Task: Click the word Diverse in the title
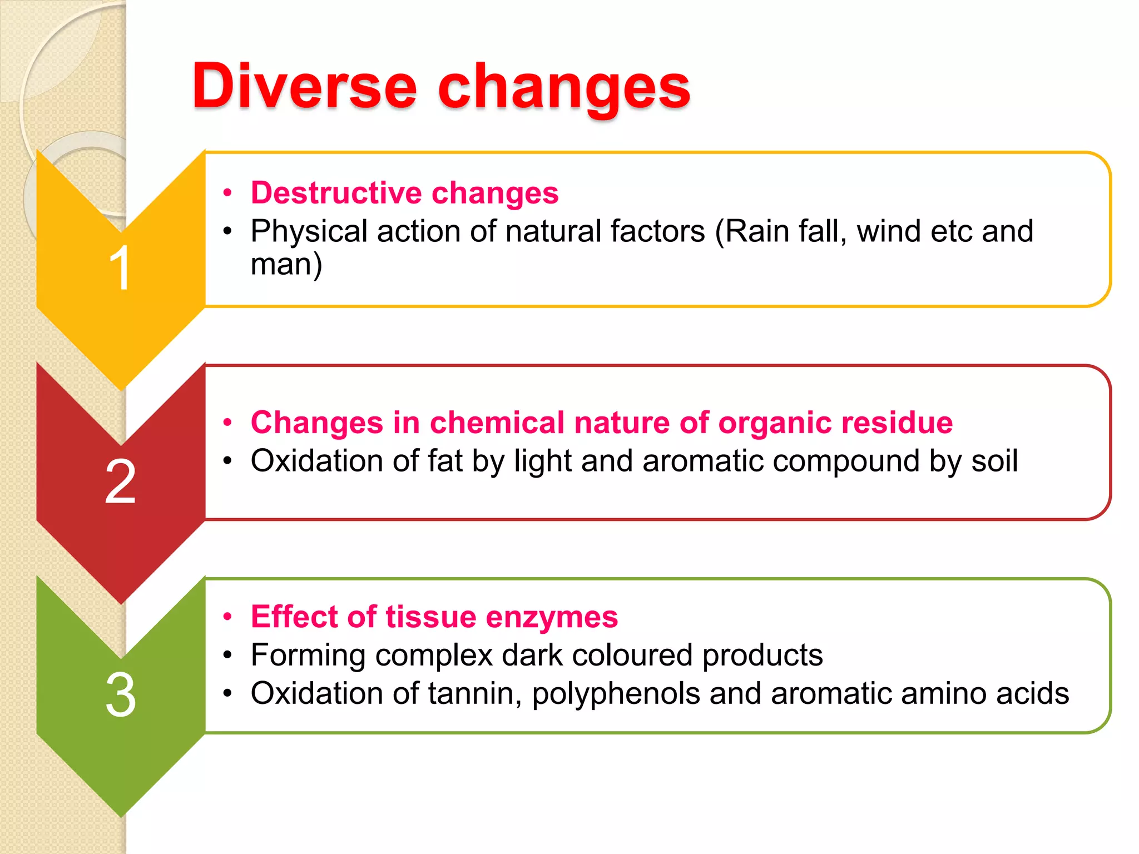tap(304, 86)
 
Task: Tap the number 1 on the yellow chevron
tap(120, 268)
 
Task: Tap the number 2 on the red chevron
tap(120, 481)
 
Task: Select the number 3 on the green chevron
tap(120, 695)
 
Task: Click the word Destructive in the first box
tap(336, 193)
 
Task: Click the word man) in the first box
tap(286, 264)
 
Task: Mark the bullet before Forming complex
tap(227, 655)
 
